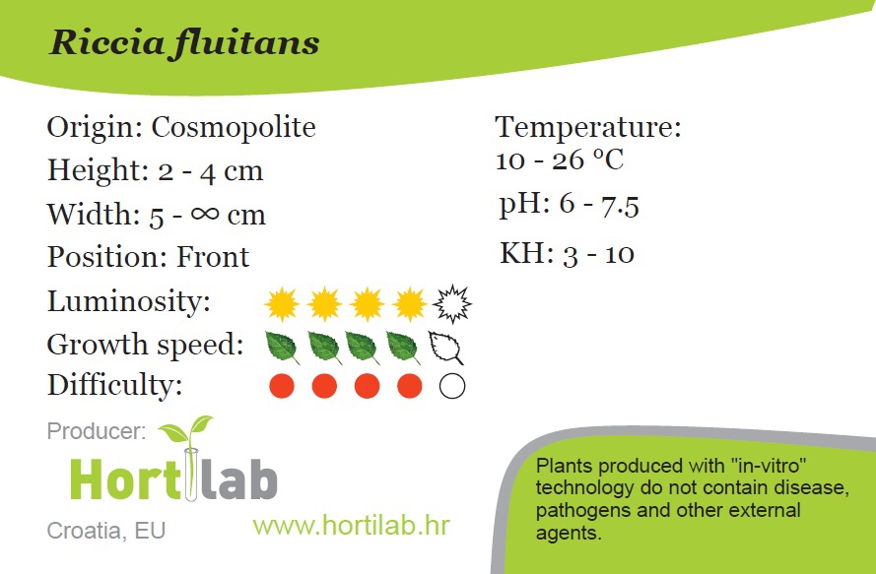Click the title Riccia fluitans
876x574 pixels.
click(184, 43)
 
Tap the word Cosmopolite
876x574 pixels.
click(234, 128)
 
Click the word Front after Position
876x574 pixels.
click(213, 257)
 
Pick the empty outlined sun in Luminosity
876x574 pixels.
click(452, 304)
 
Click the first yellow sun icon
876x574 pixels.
click(282, 304)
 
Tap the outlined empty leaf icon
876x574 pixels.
click(445, 348)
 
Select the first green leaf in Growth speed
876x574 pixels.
click(282, 348)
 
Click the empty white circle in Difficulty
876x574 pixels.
click(452, 386)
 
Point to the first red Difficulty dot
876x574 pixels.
click(282, 386)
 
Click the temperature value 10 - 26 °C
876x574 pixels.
click(560, 160)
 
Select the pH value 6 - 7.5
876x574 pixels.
click(599, 205)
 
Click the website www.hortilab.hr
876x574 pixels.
click(351, 526)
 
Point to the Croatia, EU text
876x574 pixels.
click(106, 531)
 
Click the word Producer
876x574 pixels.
click(97, 431)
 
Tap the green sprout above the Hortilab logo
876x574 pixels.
click(186, 430)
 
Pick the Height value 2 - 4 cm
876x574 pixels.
click(210, 171)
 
